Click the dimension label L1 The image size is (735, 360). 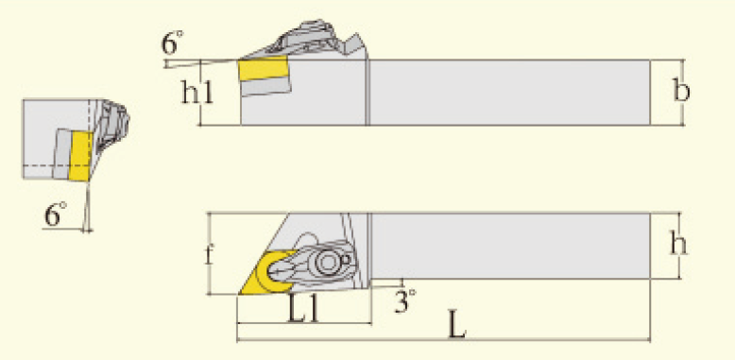point(302,309)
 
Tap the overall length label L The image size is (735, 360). point(457,324)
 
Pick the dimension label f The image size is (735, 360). point(210,253)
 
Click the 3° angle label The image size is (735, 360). point(404,300)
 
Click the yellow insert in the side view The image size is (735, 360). point(263,69)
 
